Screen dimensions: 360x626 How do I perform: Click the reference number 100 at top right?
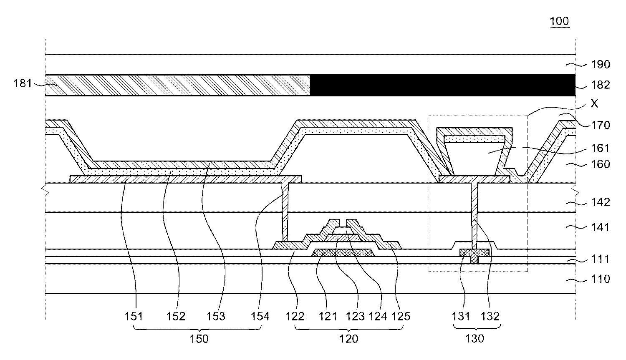point(559,21)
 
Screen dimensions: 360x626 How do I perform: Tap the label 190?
point(601,64)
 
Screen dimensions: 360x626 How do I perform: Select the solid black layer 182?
point(442,85)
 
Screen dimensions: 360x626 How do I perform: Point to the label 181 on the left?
point(23,83)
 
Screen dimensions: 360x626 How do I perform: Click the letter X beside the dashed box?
point(594,103)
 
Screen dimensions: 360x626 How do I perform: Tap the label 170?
point(601,125)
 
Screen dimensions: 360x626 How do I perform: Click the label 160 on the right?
point(601,164)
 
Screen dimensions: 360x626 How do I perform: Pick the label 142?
point(601,202)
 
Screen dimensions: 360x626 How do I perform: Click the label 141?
point(601,227)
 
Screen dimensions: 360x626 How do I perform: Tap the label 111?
point(601,259)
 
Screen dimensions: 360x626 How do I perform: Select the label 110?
point(601,279)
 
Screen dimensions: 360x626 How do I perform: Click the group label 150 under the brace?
point(199,339)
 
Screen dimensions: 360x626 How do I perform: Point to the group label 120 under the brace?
point(349,339)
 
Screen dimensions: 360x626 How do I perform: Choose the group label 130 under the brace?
point(475,339)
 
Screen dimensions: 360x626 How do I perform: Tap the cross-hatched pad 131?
point(474,253)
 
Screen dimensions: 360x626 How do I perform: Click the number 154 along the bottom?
point(260,317)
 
